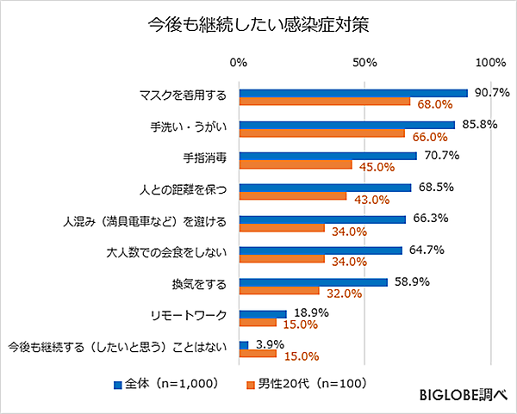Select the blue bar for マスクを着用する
(x=353, y=93)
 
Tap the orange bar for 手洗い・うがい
(x=321, y=134)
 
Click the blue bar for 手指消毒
(x=327, y=156)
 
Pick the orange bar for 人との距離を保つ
(x=293, y=197)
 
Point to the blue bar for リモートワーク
(x=263, y=314)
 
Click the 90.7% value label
(x=493, y=92)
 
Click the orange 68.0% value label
(x=435, y=104)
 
